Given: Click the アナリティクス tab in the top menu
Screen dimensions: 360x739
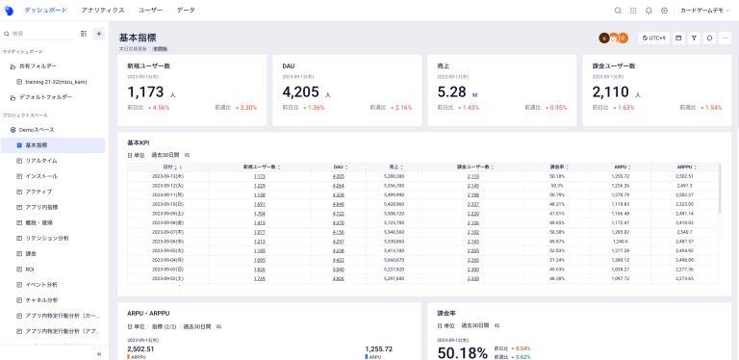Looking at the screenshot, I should [x=103, y=10].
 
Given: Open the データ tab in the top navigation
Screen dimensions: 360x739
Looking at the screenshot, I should [x=186, y=10].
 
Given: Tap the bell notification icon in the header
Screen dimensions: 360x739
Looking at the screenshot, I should [x=649, y=11].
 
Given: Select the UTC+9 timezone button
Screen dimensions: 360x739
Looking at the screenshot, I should [x=653, y=38].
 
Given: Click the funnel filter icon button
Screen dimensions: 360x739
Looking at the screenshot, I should [x=694, y=38].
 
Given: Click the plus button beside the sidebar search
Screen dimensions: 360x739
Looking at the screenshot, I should [x=98, y=34].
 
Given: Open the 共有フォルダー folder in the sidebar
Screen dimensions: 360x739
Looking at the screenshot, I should [x=38, y=66].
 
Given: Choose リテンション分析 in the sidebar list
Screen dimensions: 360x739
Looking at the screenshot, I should [x=47, y=238].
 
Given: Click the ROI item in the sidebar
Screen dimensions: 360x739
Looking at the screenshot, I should [x=30, y=270].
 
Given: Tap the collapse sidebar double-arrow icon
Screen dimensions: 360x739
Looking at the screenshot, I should [x=100, y=353].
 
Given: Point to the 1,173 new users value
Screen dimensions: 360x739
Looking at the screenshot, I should [x=146, y=92].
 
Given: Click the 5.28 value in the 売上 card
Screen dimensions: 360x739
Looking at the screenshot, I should [x=451, y=92].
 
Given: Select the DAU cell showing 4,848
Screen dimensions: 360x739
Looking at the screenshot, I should [x=338, y=204].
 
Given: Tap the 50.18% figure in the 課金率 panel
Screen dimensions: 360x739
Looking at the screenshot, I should [x=462, y=352].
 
